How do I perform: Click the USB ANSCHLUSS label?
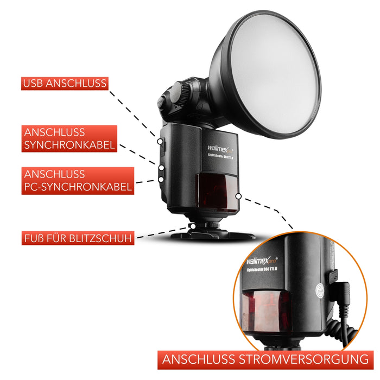point(65,84)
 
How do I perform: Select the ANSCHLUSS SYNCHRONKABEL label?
point(70,138)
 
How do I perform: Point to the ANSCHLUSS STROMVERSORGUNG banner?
point(265,360)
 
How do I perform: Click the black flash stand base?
point(212,235)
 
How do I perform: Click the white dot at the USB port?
point(161,141)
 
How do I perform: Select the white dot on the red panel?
point(238,195)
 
